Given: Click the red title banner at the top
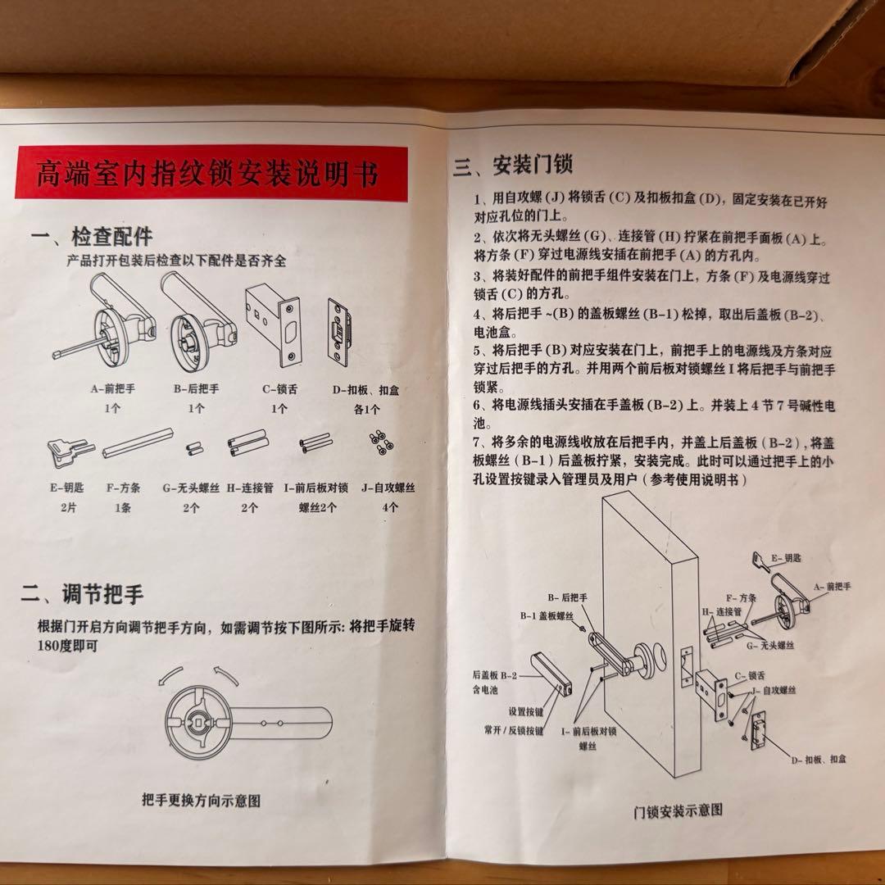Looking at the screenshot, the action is click(211, 172).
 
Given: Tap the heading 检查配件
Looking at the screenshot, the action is click(111, 237).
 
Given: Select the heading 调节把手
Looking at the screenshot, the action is click(102, 594).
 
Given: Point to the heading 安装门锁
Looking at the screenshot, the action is click(533, 164).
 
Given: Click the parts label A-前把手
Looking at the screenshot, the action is click(113, 388).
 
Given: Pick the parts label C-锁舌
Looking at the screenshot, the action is click(280, 389).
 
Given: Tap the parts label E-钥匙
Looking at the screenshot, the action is click(66, 488).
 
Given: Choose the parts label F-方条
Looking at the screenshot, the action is click(123, 488).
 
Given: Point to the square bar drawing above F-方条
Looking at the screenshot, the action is click(138, 443).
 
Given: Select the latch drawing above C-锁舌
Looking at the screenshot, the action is click(274, 324).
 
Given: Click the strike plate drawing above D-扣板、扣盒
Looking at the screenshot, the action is click(338, 332).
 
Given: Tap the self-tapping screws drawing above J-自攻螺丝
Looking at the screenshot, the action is click(381, 442).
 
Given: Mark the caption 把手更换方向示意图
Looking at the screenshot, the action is click(201, 801).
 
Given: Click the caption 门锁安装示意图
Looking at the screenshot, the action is click(678, 810).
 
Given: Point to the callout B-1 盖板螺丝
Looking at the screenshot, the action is click(547, 615).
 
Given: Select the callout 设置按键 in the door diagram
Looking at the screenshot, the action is click(525, 712).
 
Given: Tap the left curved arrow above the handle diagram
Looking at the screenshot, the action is click(170, 674).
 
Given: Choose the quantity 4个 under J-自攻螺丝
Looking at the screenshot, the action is click(390, 507).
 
